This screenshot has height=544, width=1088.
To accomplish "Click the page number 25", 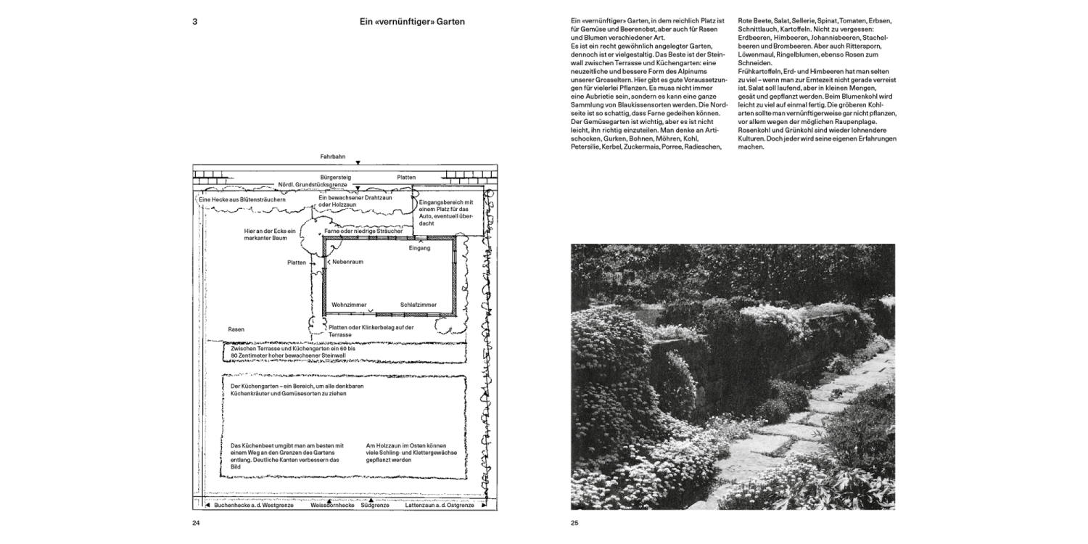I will tap(574, 522).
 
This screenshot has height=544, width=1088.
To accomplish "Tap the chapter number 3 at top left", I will tap(194, 22).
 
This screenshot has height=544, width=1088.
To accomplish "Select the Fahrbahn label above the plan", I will tap(332, 156).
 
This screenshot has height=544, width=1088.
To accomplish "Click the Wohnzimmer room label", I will tap(349, 305).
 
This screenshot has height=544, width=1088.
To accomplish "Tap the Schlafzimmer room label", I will tap(419, 305).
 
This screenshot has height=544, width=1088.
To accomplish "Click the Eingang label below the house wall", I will tap(419, 247).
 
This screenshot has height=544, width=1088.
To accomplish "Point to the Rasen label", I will tap(236, 329).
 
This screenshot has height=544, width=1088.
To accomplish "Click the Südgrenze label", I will tap(374, 505).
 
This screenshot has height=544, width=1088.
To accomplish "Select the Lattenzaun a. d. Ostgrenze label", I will tap(440, 505).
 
